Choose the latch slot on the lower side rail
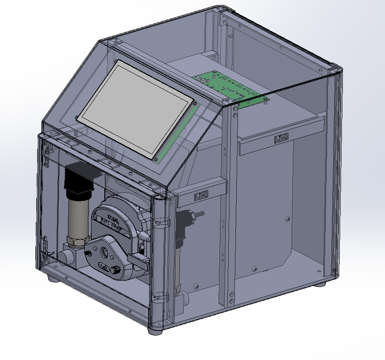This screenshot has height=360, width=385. (200, 196)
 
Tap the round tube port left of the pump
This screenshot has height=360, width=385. (65, 257)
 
